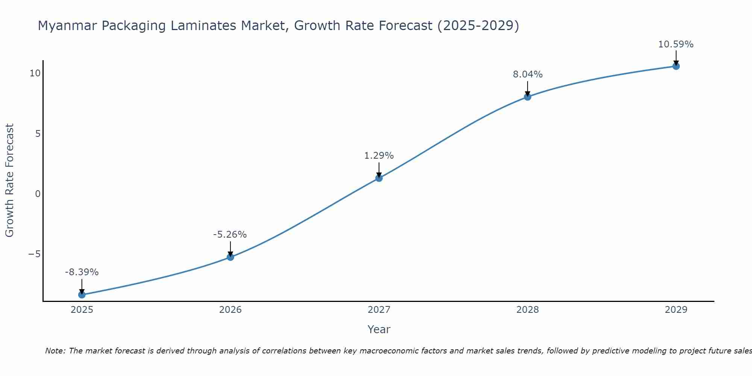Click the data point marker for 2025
[x=82, y=294]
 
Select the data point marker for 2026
[x=230, y=257]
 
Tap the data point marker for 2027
[x=379, y=178]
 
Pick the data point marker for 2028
[x=528, y=97]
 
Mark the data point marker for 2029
[x=676, y=66]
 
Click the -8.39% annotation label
[x=82, y=272]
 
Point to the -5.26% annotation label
[x=230, y=234]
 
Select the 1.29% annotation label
[x=379, y=155]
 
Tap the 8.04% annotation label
[x=528, y=74]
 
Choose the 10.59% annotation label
[x=676, y=44]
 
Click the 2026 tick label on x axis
[x=230, y=310]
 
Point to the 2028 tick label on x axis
[x=528, y=310]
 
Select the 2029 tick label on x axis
[x=676, y=310]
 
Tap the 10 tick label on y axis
[x=35, y=73]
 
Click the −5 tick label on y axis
[x=34, y=254]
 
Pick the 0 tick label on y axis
[x=38, y=194]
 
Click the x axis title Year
[x=379, y=329]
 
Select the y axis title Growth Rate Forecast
[x=9, y=180]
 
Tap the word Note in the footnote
[x=55, y=351]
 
